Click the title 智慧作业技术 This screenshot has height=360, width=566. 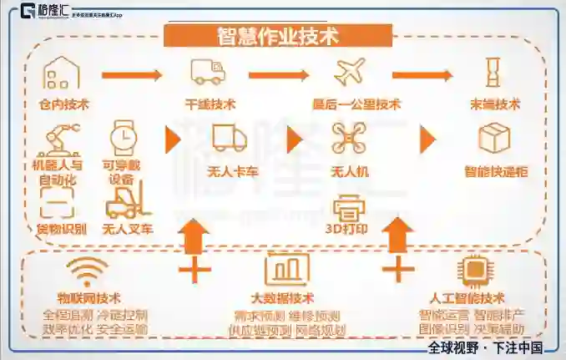tap(277, 36)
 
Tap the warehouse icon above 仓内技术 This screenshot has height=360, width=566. tap(62, 74)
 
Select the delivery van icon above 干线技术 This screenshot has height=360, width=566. tap(208, 72)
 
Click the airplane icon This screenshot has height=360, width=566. tap(349, 72)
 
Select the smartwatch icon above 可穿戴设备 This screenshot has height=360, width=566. tap(122, 136)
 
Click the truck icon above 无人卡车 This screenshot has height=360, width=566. tap(230, 138)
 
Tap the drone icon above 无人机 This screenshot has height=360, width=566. tap(350, 138)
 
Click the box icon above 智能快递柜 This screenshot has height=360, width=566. tap(494, 138)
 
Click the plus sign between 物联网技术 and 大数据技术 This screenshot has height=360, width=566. tap(194, 269)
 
